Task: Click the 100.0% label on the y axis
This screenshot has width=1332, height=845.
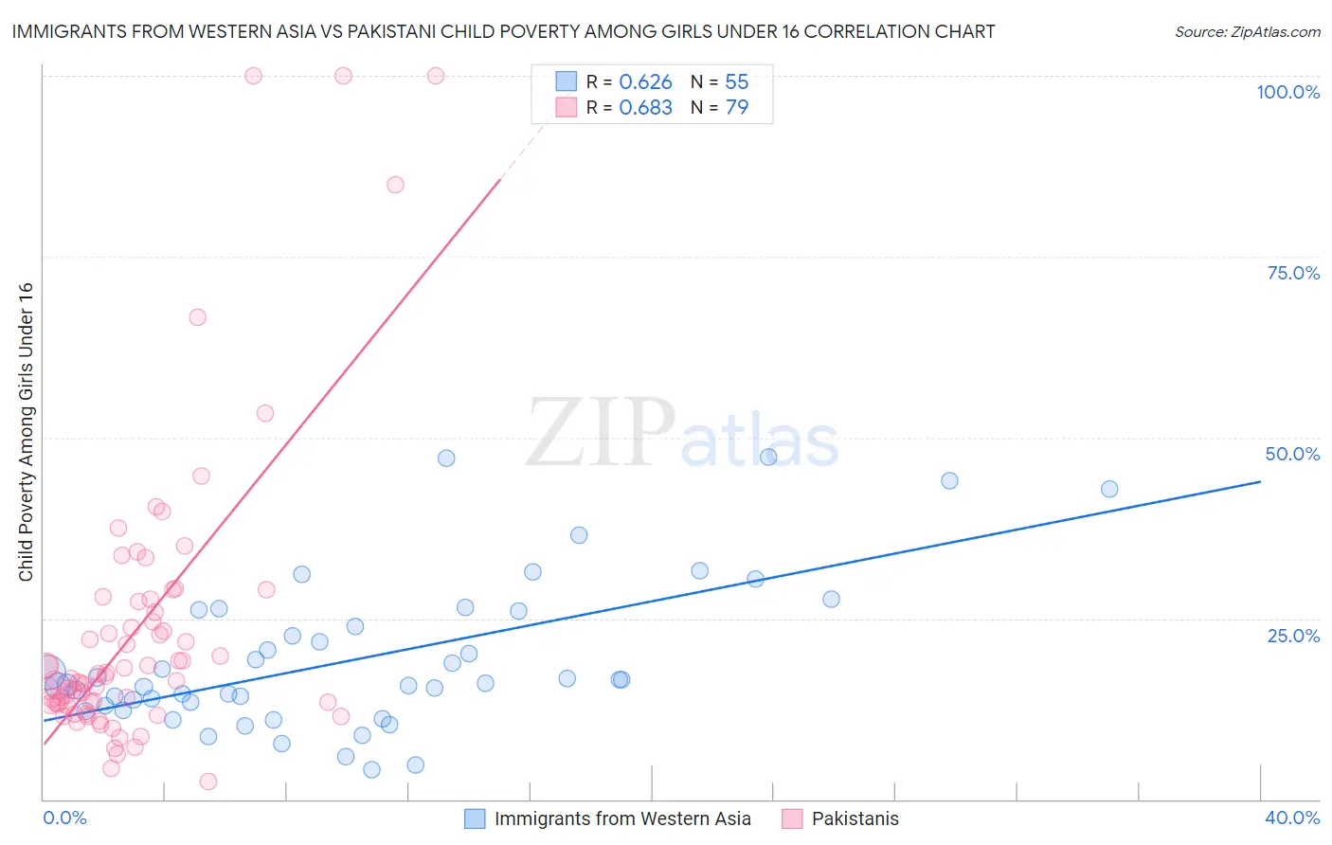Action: tap(1287, 92)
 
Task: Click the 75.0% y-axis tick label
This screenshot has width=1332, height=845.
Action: tap(1293, 273)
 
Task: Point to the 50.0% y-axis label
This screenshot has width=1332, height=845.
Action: tap(1292, 454)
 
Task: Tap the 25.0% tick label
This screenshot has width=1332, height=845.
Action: tap(1293, 636)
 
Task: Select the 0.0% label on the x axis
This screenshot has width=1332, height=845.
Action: tap(64, 818)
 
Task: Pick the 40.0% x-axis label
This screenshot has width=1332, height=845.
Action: tap(1292, 818)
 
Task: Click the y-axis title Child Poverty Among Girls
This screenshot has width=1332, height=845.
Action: tap(26, 432)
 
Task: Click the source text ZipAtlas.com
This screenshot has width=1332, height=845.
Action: tap(1248, 32)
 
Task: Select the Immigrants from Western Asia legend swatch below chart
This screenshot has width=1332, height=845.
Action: tap(475, 818)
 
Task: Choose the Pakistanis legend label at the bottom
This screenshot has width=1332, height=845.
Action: tap(855, 818)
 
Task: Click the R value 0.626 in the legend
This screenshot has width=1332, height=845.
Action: tap(645, 82)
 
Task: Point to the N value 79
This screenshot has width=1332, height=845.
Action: tap(737, 108)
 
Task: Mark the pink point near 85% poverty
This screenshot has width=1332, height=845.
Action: tap(395, 185)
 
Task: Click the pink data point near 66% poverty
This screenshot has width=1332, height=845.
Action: tap(197, 317)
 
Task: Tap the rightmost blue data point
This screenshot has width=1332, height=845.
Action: tap(1109, 489)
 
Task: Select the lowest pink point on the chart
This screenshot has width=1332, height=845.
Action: tap(208, 782)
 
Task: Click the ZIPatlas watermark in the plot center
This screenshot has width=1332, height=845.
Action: tap(682, 434)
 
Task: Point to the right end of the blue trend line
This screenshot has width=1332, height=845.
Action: tap(1260, 481)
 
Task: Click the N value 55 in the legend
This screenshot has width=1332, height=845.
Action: tap(737, 82)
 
